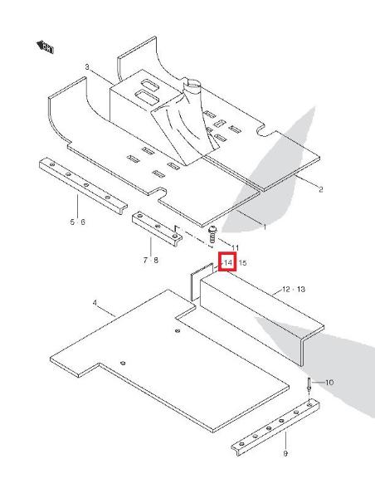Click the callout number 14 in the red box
pos(228,262)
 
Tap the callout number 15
pos(242,262)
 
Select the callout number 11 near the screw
pos(236,247)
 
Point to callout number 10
pos(329,382)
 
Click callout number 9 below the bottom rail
pos(285,453)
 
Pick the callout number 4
pos(95,303)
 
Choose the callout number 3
pos(87,67)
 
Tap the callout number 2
pos(321,189)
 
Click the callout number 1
pos(265,227)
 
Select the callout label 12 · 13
pos(294,290)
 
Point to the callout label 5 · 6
pos(78,222)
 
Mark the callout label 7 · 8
pos(150,260)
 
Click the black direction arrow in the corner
pos(45,46)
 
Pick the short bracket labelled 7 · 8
pos(157,229)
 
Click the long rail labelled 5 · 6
pos(83,187)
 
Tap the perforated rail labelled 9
pos(275,427)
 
